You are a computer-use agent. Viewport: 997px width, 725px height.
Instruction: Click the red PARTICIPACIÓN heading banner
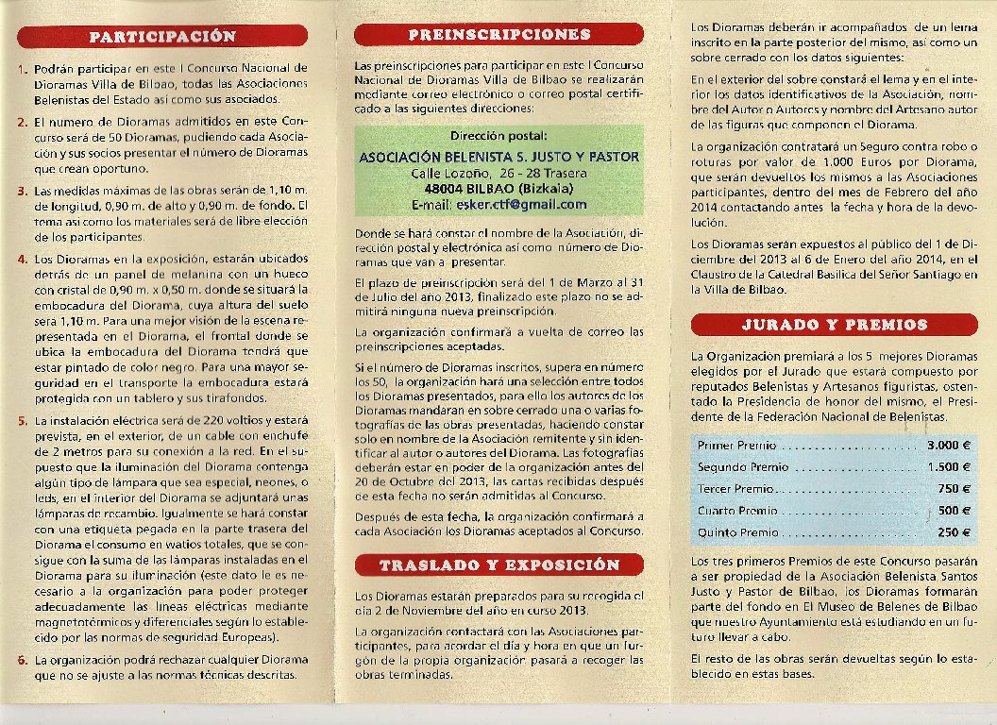tap(162, 36)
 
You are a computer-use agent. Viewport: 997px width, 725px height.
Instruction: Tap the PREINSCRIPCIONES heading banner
tap(498, 34)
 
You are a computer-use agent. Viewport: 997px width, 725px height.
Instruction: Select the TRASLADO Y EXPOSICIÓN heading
tap(498, 565)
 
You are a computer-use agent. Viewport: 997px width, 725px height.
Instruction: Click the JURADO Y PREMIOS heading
tap(835, 324)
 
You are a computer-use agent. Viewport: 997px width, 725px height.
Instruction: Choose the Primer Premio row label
tap(736, 445)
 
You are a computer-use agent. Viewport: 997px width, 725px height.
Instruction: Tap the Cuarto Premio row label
tap(737, 511)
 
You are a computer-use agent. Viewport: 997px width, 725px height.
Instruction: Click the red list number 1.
tap(22, 69)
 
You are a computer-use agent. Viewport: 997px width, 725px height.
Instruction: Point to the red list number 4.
tap(22, 258)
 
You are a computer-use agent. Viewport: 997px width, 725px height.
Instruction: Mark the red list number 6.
tap(22, 660)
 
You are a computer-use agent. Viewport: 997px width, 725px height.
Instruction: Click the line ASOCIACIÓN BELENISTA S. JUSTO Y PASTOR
tap(498, 157)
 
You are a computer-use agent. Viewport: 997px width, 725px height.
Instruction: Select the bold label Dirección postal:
tap(498, 137)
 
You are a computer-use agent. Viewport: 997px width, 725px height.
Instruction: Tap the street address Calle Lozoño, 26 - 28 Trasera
tap(498, 174)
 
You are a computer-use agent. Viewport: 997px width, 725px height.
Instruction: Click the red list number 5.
tap(22, 420)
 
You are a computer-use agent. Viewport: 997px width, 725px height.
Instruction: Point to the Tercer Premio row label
tap(735, 489)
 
